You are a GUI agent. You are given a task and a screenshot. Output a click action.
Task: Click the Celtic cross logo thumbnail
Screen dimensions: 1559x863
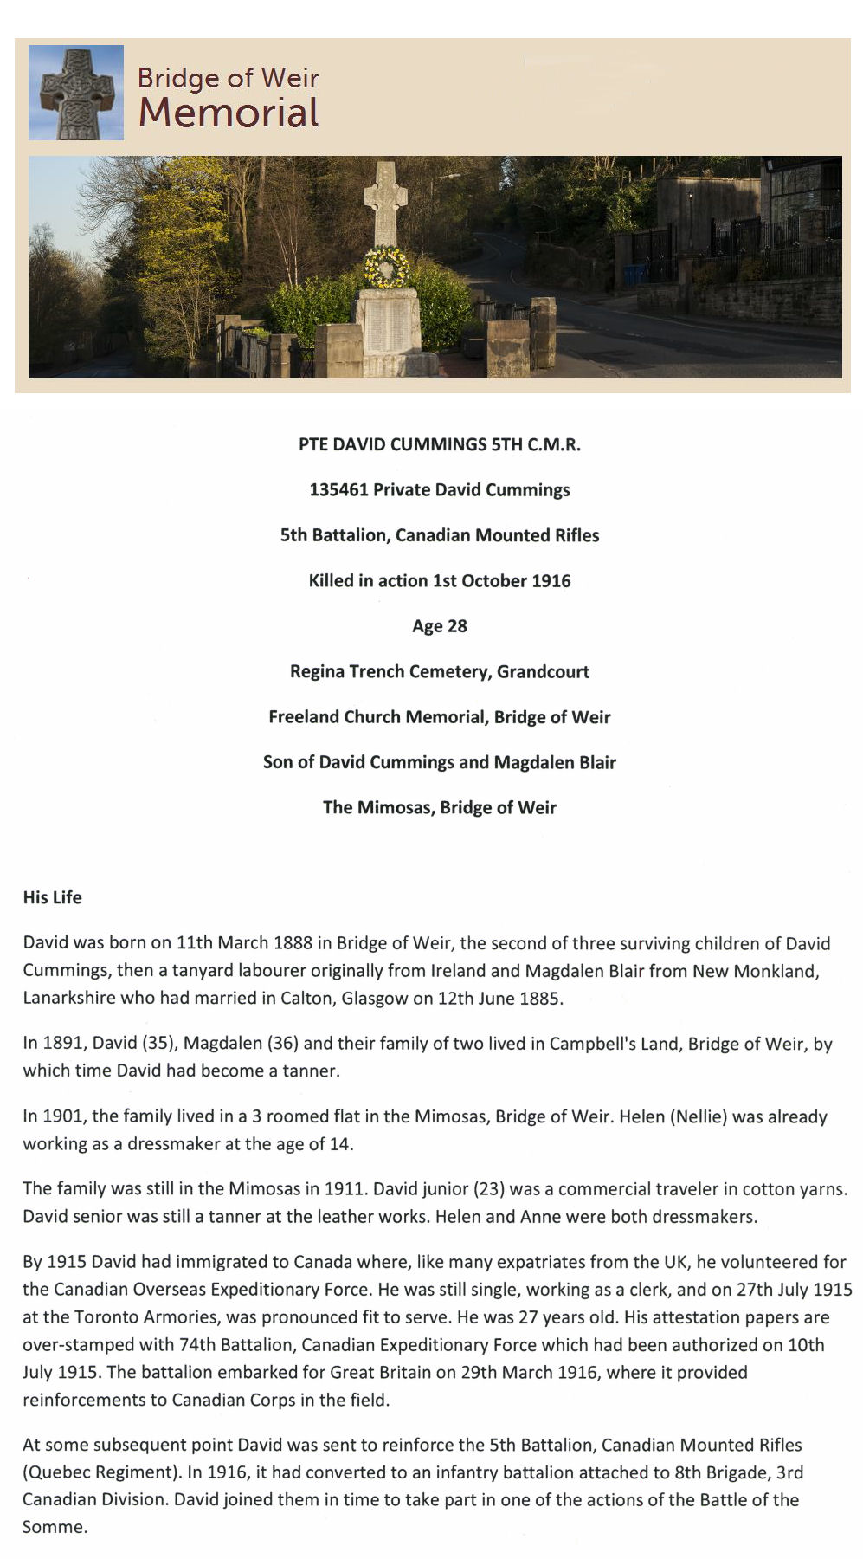76,93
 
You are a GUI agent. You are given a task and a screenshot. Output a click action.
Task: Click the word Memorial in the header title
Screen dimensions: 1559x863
229,113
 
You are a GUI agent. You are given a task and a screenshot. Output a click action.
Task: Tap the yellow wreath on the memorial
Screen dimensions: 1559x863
386,268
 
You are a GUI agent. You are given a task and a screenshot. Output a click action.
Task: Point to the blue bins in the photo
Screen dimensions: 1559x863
635,275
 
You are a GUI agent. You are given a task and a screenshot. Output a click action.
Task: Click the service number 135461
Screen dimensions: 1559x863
338,490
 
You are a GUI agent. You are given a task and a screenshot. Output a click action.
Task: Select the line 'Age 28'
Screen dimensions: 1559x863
440,626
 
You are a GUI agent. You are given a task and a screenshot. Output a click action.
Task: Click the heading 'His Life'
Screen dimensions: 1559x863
53,898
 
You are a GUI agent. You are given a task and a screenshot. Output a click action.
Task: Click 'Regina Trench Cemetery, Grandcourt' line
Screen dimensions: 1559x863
440,672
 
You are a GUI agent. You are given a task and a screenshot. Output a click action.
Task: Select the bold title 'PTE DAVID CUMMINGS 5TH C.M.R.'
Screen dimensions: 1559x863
440,445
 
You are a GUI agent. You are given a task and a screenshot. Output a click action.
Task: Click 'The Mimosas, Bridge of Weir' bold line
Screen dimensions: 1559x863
440,808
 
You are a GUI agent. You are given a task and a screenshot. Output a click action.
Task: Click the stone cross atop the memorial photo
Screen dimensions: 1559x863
382,201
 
